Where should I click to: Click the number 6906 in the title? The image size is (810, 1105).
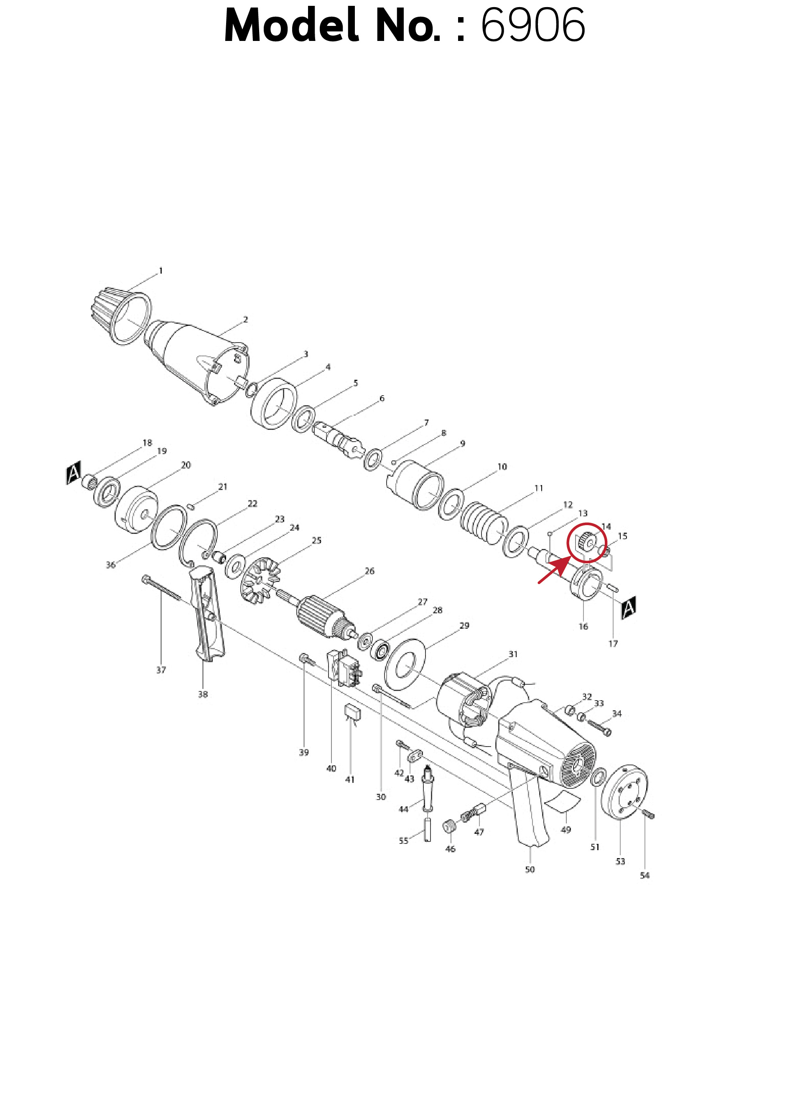pos(533,25)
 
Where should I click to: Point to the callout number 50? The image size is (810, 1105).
pos(530,869)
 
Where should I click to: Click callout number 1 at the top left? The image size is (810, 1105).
pos(160,270)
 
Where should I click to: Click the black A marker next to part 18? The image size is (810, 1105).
pos(74,473)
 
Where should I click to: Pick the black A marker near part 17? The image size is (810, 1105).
pos(629,607)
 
